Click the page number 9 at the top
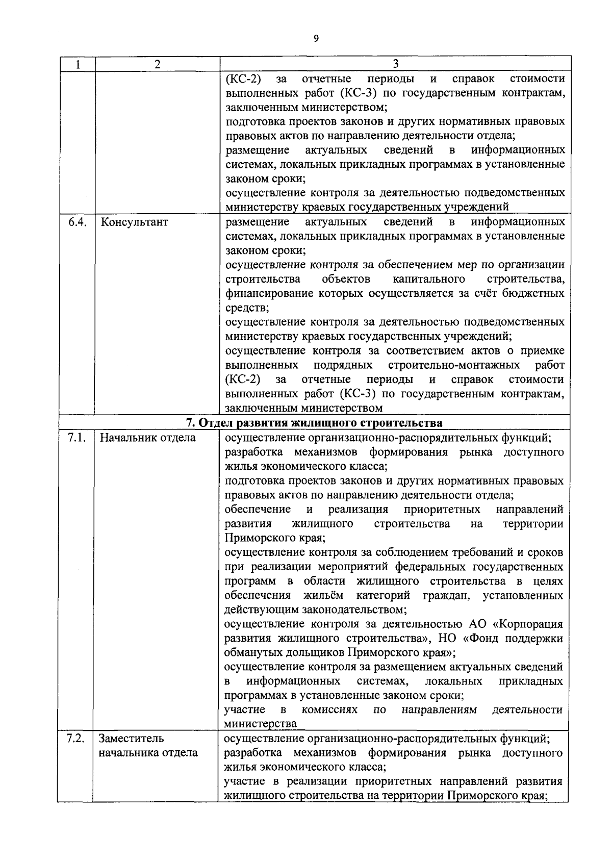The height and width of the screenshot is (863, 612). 316,38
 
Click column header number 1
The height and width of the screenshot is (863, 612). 77,64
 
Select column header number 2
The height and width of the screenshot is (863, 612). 157,64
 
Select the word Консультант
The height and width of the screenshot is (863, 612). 135,222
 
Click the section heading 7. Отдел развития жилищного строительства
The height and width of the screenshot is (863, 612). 314,423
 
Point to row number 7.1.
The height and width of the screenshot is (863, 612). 76,438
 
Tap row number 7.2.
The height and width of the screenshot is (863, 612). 76,738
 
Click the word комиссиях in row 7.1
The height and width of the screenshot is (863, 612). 329,710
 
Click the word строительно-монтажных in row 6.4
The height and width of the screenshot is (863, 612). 454,365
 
